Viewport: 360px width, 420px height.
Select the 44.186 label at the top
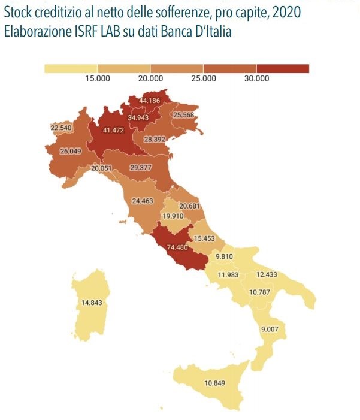pos(149,101)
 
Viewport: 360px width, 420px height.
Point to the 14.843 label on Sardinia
pos(92,303)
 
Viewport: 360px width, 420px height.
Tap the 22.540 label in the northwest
pos(61,128)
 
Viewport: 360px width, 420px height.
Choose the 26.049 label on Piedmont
pos(71,152)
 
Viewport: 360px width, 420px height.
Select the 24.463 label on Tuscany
pos(143,201)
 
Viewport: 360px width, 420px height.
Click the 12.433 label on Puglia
pos(267,274)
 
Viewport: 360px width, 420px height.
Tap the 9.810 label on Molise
pos(224,256)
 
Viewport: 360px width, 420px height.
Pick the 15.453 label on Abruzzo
pos(204,238)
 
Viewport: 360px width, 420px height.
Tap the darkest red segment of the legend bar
pos(282,68)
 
